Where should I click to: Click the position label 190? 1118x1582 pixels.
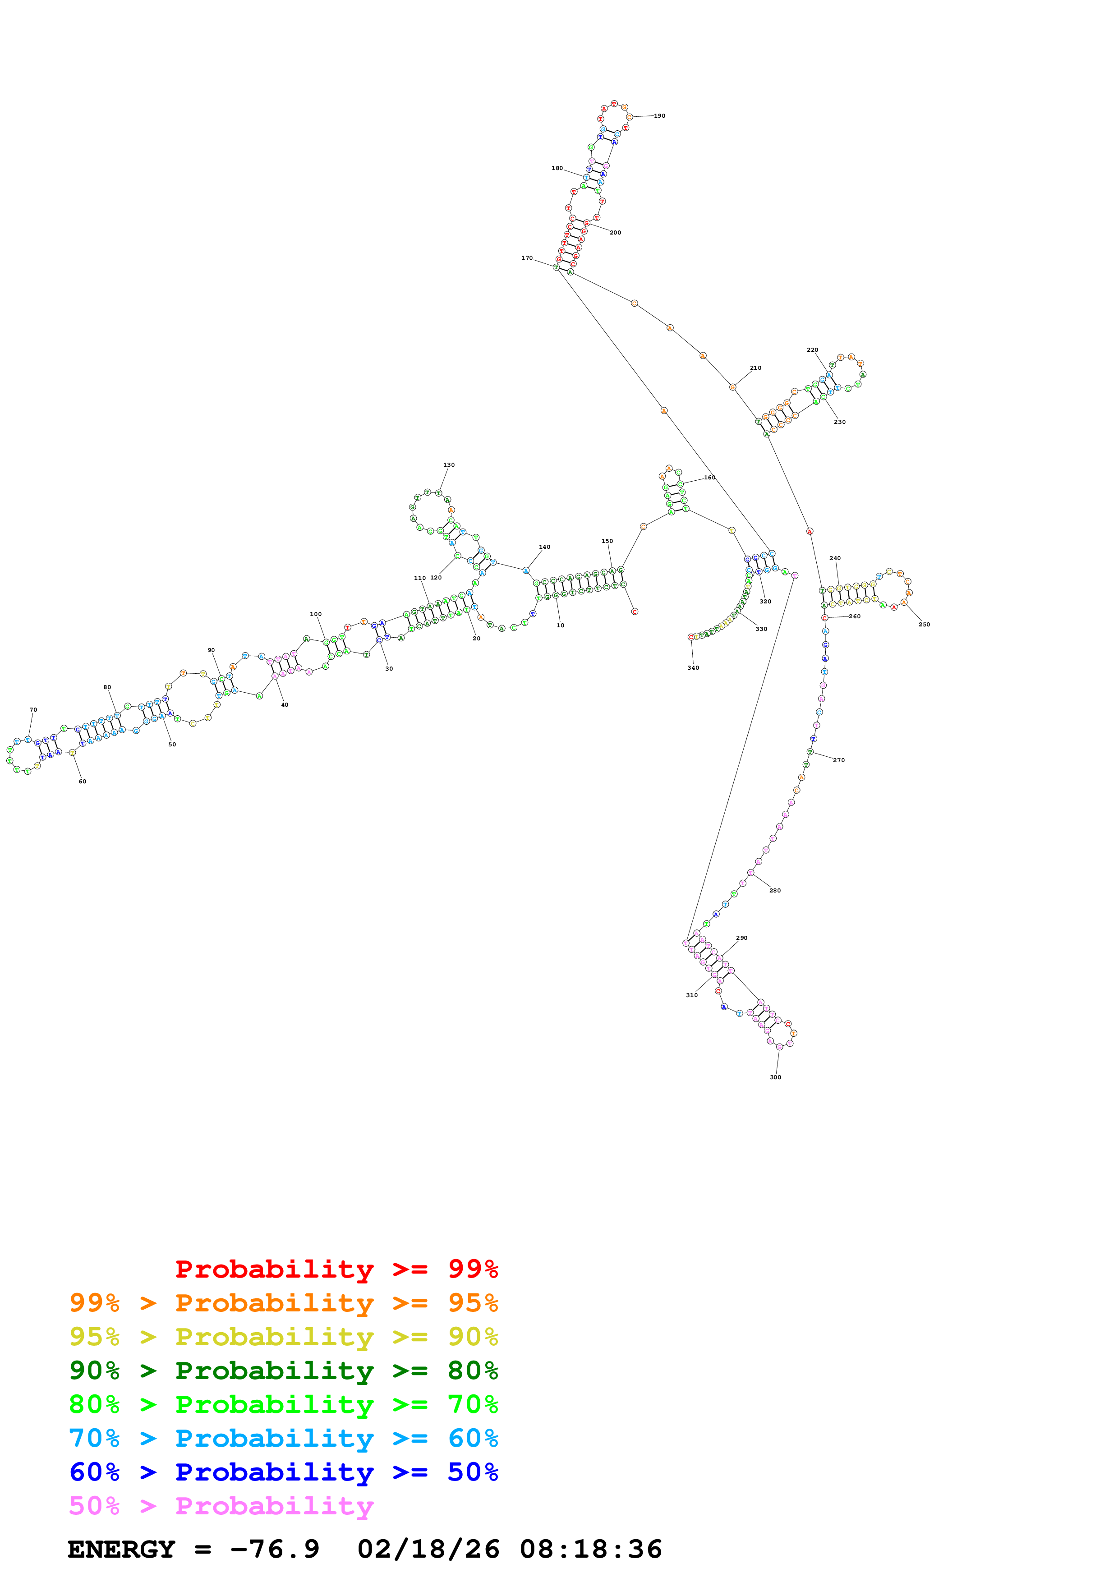659,116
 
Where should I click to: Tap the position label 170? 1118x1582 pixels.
527,258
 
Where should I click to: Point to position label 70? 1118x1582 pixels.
33,710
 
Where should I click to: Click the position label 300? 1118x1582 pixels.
776,1077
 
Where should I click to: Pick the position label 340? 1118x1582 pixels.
693,668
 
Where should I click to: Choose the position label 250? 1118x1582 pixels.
925,624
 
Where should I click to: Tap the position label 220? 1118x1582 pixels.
813,350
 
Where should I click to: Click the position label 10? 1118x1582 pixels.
561,625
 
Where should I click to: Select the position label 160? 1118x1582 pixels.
709,478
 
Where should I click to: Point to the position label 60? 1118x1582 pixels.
83,782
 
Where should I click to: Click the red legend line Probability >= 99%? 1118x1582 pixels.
336,1269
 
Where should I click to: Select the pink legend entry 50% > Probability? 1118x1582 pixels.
221,1506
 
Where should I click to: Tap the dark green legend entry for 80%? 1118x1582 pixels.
283,1370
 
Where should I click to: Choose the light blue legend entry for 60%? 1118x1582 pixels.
283,1439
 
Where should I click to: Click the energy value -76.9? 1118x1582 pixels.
276,1550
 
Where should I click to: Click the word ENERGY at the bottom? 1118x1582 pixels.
121,1550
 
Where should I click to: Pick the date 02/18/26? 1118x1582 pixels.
428,1550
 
